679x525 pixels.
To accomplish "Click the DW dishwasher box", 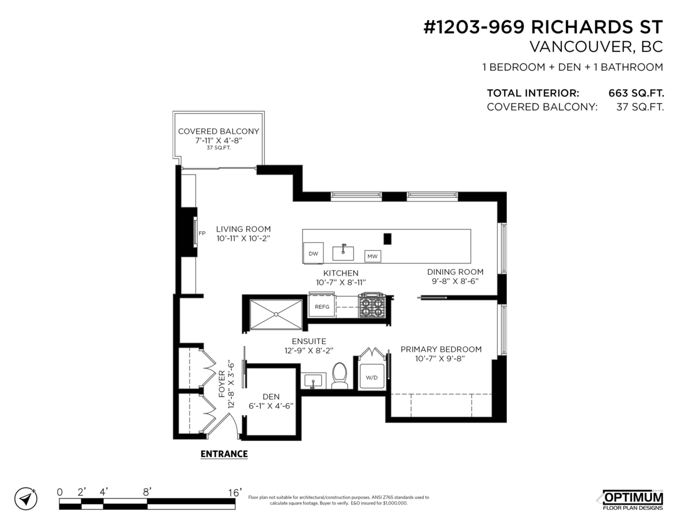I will pyautogui.click(x=313, y=253).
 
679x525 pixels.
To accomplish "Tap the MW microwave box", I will pyautogui.click(x=372, y=257).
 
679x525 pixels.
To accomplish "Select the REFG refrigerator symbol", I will pyautogui.click(x=322, y=306).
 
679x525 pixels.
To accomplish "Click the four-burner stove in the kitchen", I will pyautogui.click(x=372, y=306).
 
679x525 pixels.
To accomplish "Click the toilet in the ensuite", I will pyautogui.click(x=339, y=376).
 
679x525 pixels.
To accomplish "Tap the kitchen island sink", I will pyautogui.click(x=343, y=251).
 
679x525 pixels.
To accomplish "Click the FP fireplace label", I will pyautogui.click(x=202, y=233).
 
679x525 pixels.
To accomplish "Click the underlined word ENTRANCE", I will pyautogui.click(x=224, y=454).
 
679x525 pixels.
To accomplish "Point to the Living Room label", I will pyautogui.click(x=243, y=234).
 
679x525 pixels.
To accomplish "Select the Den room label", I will pyautogui.click(x=271, y=401).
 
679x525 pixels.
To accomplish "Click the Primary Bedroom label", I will pyautogui.click(x=441, y=353).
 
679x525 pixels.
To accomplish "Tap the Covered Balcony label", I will pyautogui.click(x=218, y=135).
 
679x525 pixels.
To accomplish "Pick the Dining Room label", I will pyautogui.click(x=455, y=276).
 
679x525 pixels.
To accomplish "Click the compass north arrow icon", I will pyautogui.click(x=25, y=498).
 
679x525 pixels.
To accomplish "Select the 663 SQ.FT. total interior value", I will pyautogui.click(x=635, y=93).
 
